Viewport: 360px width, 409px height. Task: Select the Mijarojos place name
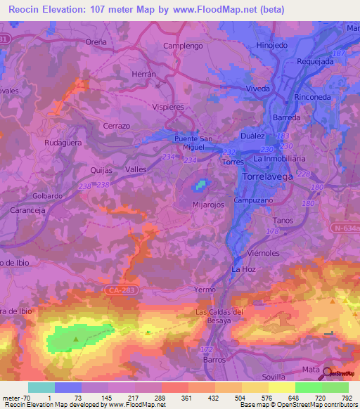[x=210, y=205]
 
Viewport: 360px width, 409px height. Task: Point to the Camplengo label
[x=183, y=46]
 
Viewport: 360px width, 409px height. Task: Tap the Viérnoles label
[x=264, y=252]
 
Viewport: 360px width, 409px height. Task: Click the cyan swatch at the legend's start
[x=41, y=387]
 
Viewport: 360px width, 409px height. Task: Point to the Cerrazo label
[x=117, y=124]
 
